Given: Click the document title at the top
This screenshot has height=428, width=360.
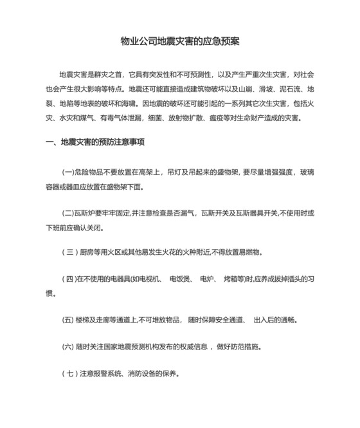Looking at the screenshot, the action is (x=180, y=42).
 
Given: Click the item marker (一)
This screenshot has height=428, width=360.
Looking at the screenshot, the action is (x=69, y=172).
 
